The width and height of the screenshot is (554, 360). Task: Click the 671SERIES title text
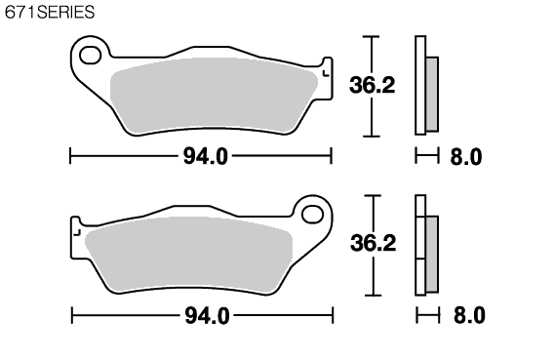click(x=50, y=12)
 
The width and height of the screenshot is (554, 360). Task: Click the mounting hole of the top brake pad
click(x=90, y=56)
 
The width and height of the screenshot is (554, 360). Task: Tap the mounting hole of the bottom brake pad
click(x=313, y=215)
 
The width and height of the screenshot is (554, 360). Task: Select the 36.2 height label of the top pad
click(x=372, y=85)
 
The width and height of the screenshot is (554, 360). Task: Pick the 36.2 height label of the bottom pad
click(x=374, y=243)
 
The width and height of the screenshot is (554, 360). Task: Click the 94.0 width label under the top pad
click(x=206, y=156)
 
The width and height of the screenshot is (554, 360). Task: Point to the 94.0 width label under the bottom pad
click(x=208, y=315)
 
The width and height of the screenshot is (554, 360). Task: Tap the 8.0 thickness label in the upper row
click(x=466, y=156)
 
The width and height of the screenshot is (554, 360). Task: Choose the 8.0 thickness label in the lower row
click(x=469, y=315)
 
